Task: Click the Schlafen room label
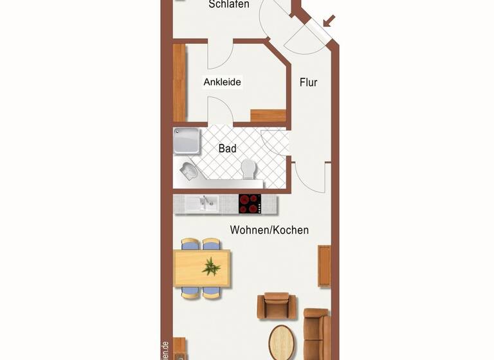pos(229,4)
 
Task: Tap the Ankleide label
pos(222,82)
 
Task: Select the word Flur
pos(309,82)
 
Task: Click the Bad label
pos(227,148)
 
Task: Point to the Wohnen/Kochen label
pos(270,230)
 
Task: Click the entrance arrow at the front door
pos(329,21)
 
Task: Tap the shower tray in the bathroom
pos(187,141)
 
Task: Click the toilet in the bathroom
pos(248,168)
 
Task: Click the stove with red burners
pos(250,203)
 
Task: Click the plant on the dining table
pos(211,266)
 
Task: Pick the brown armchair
pos(277,305)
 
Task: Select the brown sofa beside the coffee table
pos(316,333)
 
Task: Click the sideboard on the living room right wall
pos(325,265)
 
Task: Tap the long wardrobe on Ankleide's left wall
pos(179,82)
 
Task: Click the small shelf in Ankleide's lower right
pos(268,116)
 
